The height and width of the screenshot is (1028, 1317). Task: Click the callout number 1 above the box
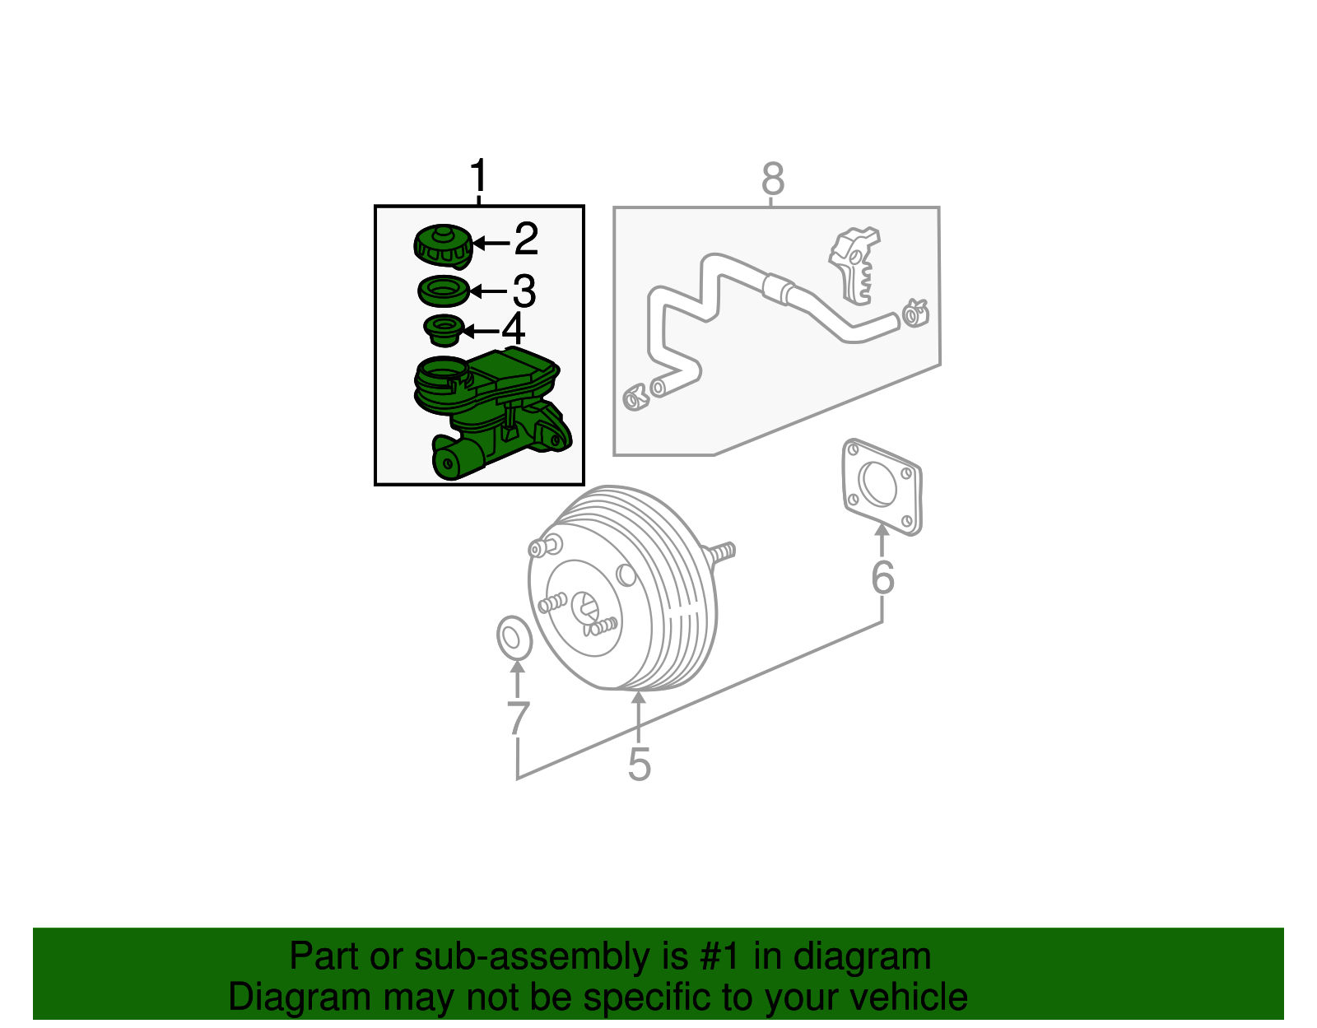tap(478, 178)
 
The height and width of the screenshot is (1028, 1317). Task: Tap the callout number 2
tap(526, 240)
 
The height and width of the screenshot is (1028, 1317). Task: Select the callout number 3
tap(524, 291)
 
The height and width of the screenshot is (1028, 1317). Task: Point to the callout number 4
tap(514, 329)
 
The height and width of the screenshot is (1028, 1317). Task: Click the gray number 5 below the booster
tap(639, 765)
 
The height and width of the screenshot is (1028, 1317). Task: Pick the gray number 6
tap(882, 578)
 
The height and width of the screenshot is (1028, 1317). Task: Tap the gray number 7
tap(517, 719)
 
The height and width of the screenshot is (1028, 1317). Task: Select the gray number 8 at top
tap(772, 179)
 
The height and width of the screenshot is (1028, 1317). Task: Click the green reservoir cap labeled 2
tap(443, 246)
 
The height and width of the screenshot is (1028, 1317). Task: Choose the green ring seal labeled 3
tap(444, 291)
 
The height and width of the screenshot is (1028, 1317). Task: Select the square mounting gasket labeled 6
tap(882, 487)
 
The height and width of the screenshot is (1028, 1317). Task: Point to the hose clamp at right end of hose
tap(914, 313)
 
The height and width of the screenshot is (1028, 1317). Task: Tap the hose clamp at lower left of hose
tap(635, 398)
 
